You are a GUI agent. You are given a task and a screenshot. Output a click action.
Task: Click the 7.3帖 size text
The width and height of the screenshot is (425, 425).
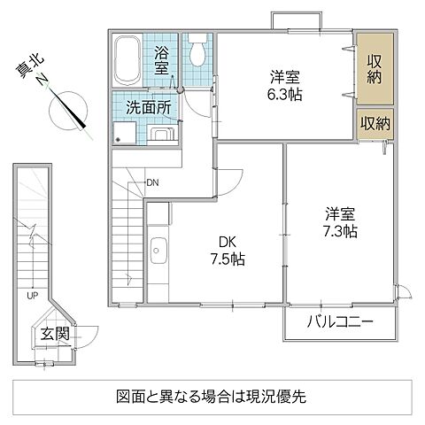point(339,232)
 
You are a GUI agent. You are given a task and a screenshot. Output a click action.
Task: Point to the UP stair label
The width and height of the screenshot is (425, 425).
point(31,295)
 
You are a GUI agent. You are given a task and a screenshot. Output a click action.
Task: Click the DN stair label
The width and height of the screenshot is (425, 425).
point(152,182)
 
